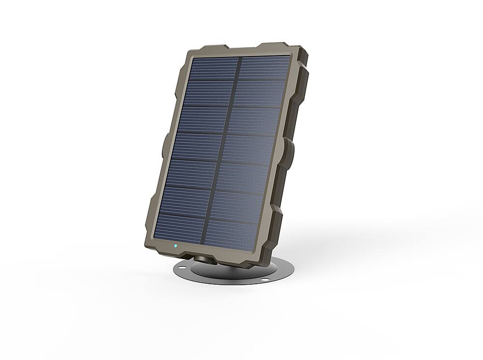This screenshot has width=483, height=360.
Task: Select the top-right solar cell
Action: (x=265, y=67)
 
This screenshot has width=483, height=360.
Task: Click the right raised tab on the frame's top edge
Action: (x=278, y=45)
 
